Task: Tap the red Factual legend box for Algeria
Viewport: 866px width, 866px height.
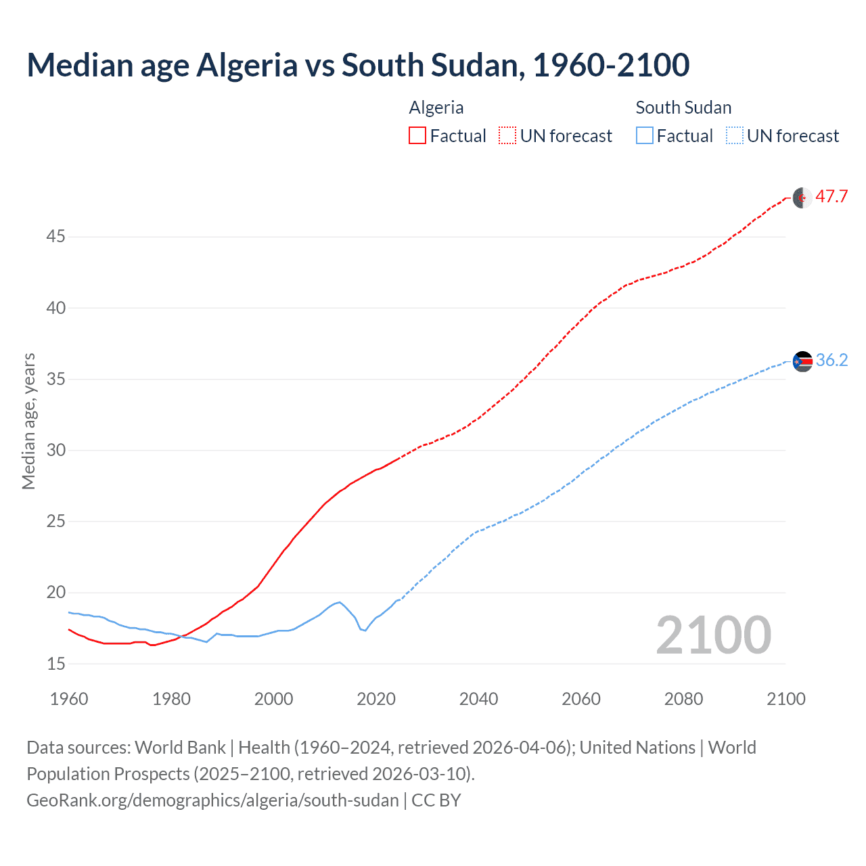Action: click(417, 136)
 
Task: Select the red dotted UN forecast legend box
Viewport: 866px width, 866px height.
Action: click(507, 136)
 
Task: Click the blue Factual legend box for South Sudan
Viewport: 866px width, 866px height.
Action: click(644, 136)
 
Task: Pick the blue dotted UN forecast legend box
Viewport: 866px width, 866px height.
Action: click(734, 136)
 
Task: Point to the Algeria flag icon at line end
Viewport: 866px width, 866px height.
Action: click(802, 198)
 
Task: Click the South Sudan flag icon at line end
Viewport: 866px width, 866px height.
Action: click(802, 361)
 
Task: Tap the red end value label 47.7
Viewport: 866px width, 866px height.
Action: click(831, 197)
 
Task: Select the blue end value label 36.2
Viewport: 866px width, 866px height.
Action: click(831, 361)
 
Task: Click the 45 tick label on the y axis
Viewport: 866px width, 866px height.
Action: click(56, 237)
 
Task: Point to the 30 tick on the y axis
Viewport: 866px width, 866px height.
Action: click(56, 450)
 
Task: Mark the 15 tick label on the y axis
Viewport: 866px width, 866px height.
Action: click(56, 664)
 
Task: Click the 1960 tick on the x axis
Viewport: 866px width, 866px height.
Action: click(69, 699)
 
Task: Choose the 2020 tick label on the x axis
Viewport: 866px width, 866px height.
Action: click(376, 699)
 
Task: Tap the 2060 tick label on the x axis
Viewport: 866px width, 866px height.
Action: click(581, 699)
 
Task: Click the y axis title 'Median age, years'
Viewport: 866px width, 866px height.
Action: click(28, 421)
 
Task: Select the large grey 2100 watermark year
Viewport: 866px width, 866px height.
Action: click(713, 635)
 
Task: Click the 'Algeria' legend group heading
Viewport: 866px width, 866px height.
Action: click(436, 108)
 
